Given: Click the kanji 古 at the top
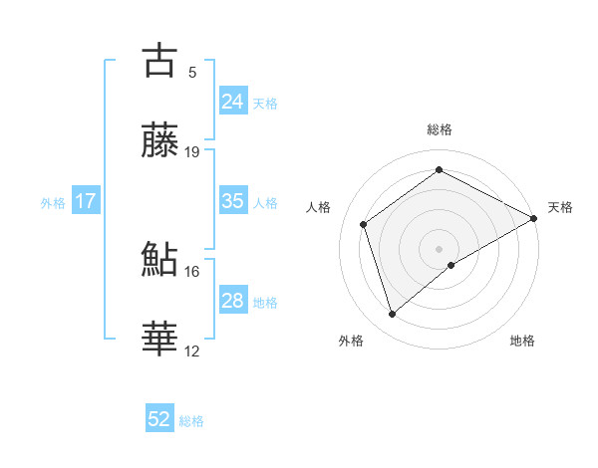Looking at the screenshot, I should coord(160,60).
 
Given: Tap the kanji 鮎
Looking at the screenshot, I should coord(160,259).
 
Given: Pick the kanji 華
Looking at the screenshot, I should coord(160,339).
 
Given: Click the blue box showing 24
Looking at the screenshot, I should coord(232,102).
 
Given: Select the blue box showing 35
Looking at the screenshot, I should coord(232,201).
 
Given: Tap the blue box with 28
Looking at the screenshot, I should coord(232,301).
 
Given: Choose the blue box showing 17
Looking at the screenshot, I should coord(85,201).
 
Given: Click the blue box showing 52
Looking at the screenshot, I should coord(159,419).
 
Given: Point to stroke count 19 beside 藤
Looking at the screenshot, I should coord(193,152).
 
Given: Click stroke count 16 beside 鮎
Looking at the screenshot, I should coord(192,271).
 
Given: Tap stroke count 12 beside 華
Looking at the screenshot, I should coord(192,351).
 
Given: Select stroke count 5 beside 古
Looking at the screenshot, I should coord(192,72).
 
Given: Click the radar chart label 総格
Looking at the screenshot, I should coord(440,129).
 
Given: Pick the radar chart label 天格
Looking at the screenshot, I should coord(561,207).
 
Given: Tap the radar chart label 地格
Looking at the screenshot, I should coord(522,342).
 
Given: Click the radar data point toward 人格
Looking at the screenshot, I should coord(364,224).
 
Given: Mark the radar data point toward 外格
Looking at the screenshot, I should coord(393,315).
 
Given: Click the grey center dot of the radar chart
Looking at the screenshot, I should coord(440,248).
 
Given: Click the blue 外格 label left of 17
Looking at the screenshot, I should coord(53,202).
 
